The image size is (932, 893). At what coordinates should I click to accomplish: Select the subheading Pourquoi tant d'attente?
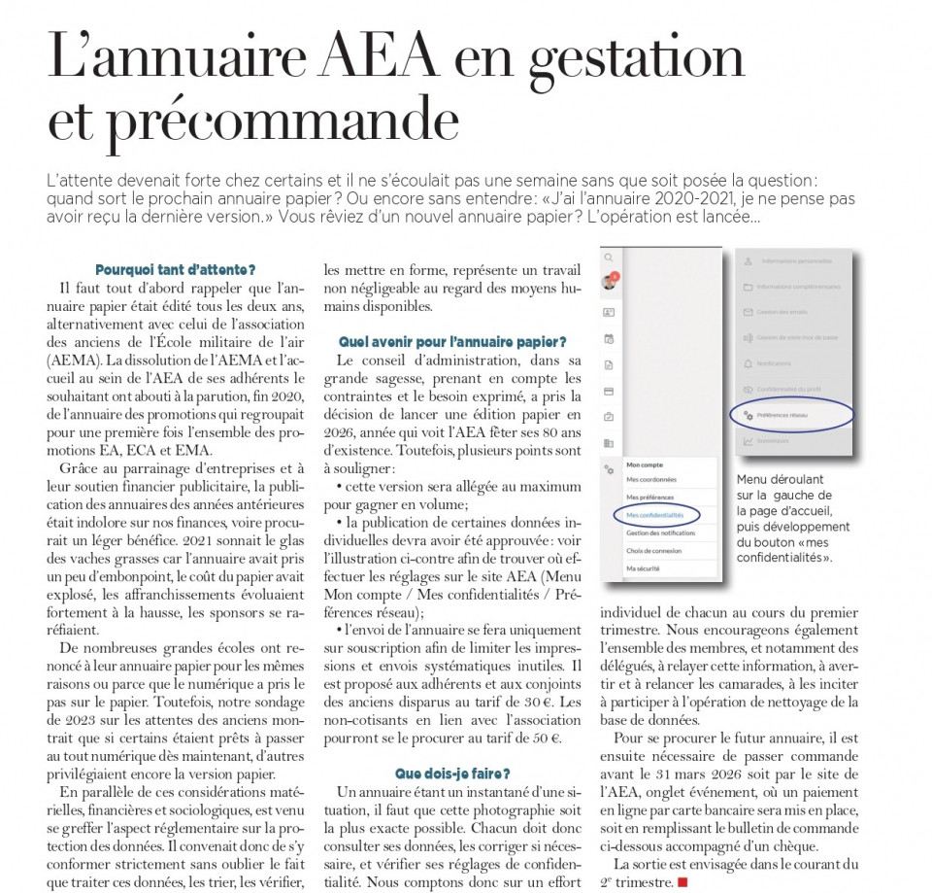[x=176, y=269]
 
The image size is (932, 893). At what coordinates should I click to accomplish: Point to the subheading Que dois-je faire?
[x=452, y=773]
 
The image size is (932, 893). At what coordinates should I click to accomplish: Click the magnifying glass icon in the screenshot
[x=609, y=258]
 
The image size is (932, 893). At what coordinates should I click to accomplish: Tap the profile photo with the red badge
[x=610, y=283]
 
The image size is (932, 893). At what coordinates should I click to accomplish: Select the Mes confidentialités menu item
[x=655, y=515]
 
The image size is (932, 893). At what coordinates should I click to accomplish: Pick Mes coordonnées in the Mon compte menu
[x=651, y=480]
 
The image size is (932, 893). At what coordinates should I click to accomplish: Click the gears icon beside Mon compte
[x=609, y=469]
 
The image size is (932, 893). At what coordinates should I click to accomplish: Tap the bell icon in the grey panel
[x=748, y=363]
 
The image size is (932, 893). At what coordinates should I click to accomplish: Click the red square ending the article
[x=682, y=881]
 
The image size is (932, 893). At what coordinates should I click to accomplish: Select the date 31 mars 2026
[x=680, y=773]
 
